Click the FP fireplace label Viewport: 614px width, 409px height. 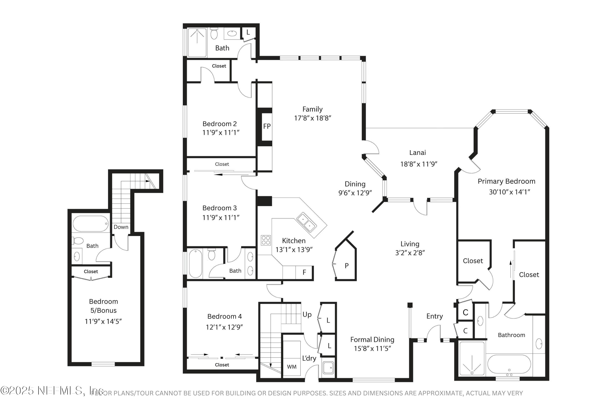(x=267, y=127)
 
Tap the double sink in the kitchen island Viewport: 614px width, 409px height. (x=307, y=222)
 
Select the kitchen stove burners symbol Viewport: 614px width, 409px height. (x=266, y=240)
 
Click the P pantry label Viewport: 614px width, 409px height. (x=346, y=266)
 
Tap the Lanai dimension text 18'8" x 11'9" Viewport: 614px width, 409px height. (x=419, y=164)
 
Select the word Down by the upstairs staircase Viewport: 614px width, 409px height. (x=121, y=227)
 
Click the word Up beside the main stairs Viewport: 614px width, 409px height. (x=307, y=315)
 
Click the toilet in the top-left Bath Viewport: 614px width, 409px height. (x=214, y=34)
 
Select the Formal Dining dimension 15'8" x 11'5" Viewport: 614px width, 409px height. (x=372, y=349)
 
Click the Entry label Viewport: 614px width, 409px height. (x=434, y=316)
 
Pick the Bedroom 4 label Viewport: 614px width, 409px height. (x=224, y=316)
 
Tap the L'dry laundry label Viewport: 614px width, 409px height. (x=309, y=358)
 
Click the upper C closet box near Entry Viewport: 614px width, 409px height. (x=465, y=313)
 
